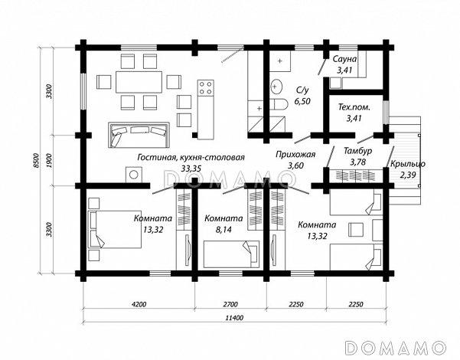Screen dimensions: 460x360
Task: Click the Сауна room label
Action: point(344,59)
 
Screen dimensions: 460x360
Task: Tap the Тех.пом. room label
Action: point(354,107)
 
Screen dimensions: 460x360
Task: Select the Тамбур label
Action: point(358,151)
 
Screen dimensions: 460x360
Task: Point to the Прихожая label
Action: point(295,155)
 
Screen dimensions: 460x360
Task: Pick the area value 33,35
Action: point(191,169)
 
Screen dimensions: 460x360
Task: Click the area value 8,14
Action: point(223,230)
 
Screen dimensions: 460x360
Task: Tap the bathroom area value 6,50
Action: point(302,101)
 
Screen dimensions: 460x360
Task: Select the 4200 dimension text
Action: point(139,304)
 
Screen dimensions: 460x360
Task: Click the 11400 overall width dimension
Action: point(234,318)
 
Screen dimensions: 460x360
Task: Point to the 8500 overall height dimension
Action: point(36,160)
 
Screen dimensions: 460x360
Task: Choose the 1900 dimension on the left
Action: point(49,160)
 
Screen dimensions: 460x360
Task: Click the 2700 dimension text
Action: point(230,304)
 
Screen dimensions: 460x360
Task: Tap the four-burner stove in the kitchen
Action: point(205,87)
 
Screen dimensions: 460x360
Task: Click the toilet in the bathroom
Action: point(277,104)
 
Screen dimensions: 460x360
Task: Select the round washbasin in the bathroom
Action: point(276,87)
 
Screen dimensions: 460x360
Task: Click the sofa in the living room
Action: point(139,135)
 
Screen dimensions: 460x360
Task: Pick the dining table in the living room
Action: point(139,82)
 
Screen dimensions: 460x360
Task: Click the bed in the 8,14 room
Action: point(231,254)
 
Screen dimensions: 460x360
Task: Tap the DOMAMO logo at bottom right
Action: point(396,348)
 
